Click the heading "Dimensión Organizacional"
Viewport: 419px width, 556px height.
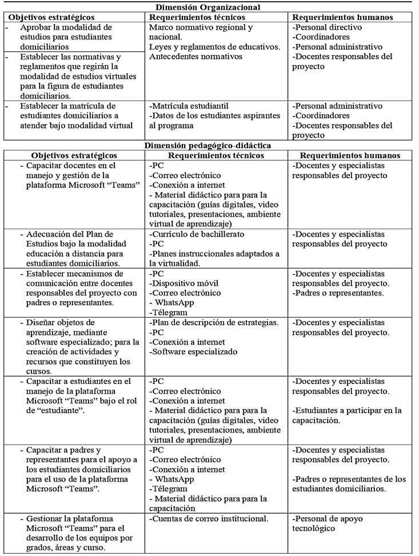point(209,7)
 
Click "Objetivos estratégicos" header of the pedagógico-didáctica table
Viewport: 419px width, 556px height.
point(74,155)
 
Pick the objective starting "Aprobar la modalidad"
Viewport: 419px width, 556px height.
point(69,37)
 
